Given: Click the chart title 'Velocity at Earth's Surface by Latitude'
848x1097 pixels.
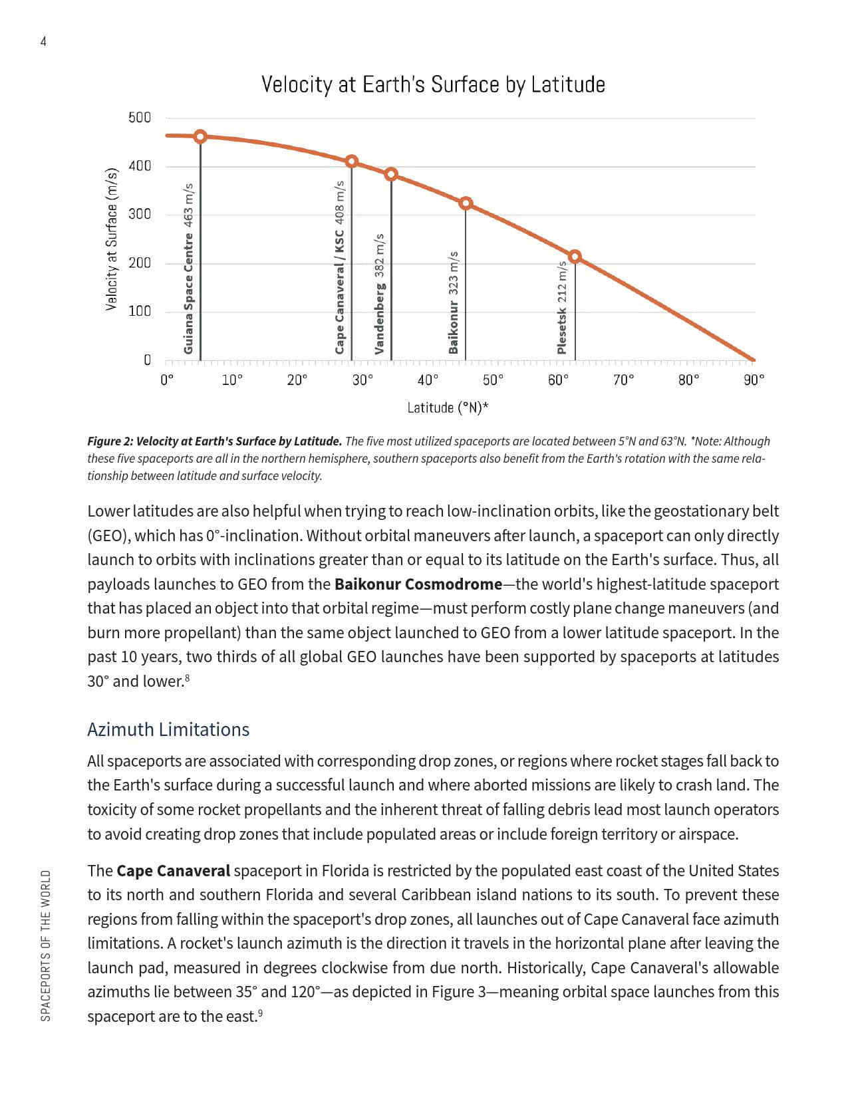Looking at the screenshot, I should [x=433, y=85].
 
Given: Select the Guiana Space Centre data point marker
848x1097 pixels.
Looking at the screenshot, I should [x=200, y=136].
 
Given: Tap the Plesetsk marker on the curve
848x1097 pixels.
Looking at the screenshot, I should [x=575, y=257].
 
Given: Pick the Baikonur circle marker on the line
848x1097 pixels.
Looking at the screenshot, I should [x=466, y=203].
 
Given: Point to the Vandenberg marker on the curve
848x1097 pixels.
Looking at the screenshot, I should [x=391, y=174].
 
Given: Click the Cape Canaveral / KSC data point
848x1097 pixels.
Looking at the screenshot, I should [x=352, y=162].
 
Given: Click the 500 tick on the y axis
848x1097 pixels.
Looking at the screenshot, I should [x=140, y=118].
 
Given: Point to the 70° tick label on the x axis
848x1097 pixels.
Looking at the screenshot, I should [x=623, y=380].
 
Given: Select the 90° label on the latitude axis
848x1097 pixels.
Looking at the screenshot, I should [x=754, y=380].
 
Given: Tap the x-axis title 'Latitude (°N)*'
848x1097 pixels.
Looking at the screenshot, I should [x=448, y=408].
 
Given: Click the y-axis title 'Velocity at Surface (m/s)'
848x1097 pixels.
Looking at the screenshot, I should [x=112, y=239].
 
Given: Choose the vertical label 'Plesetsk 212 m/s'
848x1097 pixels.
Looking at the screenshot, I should [x=562, y=307].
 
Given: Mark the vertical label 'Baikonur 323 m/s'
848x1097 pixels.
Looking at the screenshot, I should [x=454, y=303].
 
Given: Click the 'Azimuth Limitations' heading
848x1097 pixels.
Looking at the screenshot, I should [x=168, y=729].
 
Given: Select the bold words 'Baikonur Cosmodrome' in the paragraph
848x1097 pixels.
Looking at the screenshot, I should [x=418, y=584].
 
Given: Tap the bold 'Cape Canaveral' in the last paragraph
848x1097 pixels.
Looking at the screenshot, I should [x=173, y=871].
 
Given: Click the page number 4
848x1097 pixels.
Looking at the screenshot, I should [x=43, y=42].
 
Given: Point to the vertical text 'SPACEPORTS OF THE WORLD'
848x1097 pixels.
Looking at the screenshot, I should [x=45, y=945].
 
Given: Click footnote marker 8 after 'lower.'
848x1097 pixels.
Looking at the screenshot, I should [x=188, y=677].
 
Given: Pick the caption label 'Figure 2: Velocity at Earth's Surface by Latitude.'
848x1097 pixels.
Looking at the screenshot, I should [x=215, y=441].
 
